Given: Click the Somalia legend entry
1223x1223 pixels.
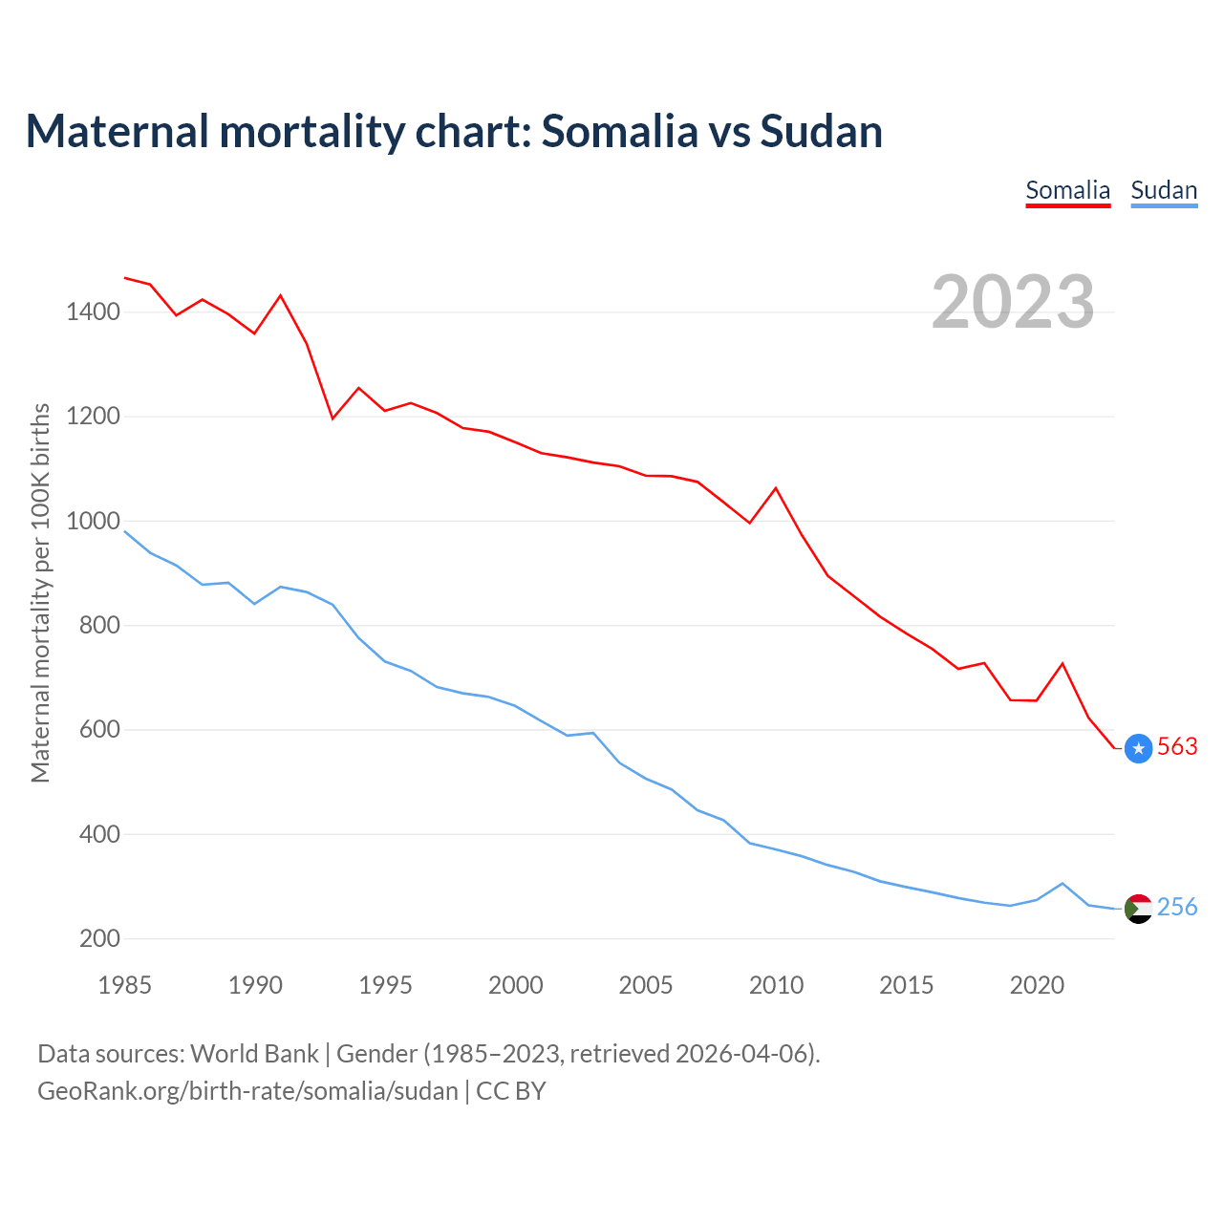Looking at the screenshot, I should [1067, 190].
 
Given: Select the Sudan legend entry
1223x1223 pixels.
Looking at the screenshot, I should [1164, 190].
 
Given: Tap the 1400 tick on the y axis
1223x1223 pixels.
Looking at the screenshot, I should [93, 312].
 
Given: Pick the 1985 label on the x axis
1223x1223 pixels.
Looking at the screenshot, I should [125, 985].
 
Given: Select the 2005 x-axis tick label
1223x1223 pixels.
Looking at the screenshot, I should [646, 985].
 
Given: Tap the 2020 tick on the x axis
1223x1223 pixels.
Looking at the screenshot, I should [1037, 985].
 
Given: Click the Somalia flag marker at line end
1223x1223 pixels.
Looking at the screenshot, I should [1138, 748].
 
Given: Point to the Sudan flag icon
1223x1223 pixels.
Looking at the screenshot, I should [1138, 909].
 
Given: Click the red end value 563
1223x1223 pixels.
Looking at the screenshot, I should [1177, 747].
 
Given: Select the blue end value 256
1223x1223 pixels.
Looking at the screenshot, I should [1177, 908].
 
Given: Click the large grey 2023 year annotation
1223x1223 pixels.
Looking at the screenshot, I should [1013, 302].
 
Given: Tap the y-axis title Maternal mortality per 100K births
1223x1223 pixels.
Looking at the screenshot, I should [40, 592].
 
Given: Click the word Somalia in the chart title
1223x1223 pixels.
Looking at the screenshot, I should [620, 132].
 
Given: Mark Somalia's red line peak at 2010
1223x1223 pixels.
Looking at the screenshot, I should [776, 488].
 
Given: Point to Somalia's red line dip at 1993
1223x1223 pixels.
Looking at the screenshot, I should [333, 418].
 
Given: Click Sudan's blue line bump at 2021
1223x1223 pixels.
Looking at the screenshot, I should [1062, 884].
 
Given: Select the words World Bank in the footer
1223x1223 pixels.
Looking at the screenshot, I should [254, 1054].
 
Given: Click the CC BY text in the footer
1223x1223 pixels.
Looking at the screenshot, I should [511, 1091].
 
